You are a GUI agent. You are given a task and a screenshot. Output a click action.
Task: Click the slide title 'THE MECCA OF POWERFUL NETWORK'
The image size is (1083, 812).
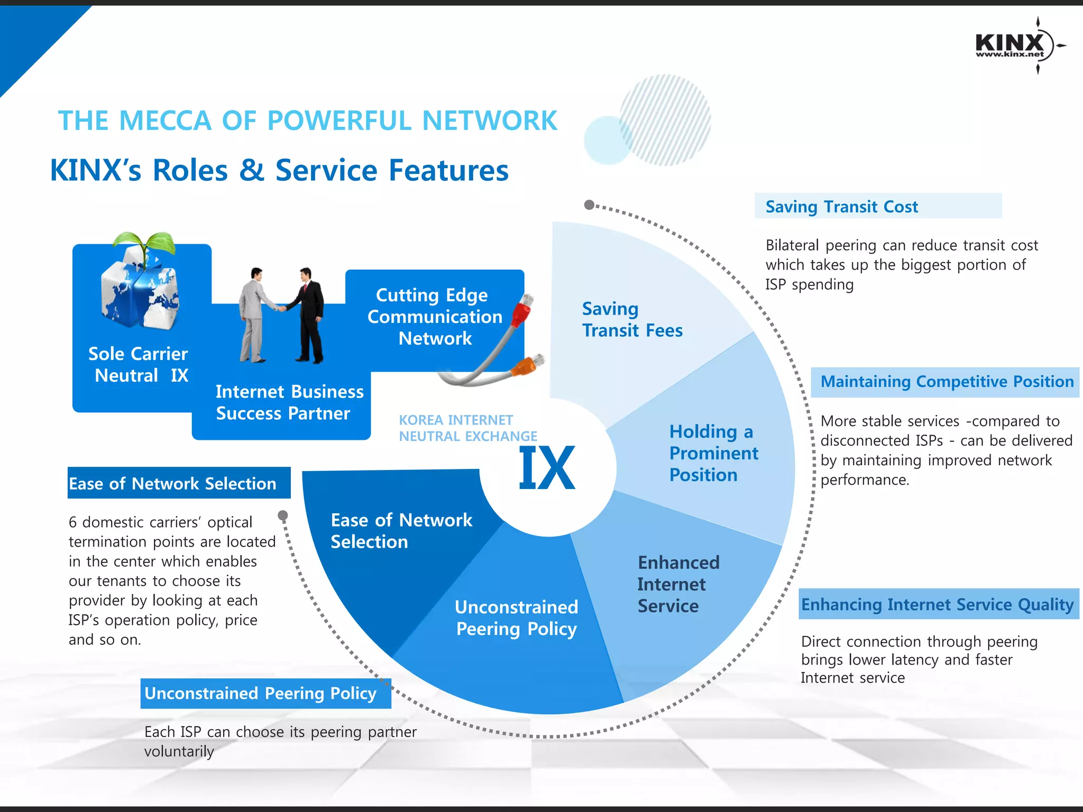click(x=307, y=121)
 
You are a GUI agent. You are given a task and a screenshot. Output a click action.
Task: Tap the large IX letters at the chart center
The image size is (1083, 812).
click(x=547, y=467)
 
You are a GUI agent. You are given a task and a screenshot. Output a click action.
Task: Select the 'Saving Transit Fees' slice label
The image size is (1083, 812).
click(x=632, y=319)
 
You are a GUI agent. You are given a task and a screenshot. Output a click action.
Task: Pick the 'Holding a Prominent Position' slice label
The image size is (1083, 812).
click(x=713, y=453)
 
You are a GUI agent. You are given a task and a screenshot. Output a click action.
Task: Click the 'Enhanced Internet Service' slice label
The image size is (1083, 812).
click(x=678, y=584)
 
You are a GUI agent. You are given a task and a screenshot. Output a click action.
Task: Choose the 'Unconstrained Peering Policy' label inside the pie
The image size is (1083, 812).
click(x=516, y=617)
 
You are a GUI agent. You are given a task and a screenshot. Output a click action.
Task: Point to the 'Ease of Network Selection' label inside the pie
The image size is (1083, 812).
click(x=401, y=531)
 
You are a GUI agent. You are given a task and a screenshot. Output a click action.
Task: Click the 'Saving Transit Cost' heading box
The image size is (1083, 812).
click(x=877, y=206)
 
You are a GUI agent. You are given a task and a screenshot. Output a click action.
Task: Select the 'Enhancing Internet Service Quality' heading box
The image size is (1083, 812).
click(x=938, y=604)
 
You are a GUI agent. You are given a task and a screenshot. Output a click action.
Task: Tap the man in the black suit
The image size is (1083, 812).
click(x=309, y=316)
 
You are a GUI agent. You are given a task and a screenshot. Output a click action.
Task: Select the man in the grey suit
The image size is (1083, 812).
click(x=255, y=316)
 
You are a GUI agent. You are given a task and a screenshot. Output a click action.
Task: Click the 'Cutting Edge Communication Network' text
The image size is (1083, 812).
click(x=435, y=317)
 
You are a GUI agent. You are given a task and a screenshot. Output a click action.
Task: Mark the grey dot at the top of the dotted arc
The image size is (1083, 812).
click(x=589, y=205)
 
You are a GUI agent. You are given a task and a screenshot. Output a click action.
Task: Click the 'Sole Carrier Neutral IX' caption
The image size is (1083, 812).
click(x=139, y=364)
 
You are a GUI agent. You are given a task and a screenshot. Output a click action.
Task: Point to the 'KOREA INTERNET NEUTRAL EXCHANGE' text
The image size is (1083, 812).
click(x=467, y=428)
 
